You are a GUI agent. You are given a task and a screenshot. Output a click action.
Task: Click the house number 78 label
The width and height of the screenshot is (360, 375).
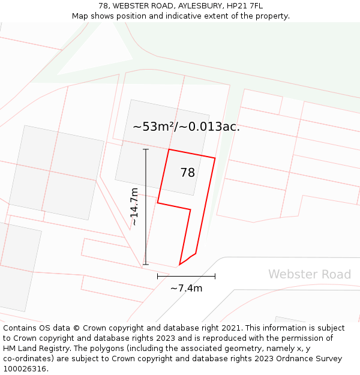[188, 173]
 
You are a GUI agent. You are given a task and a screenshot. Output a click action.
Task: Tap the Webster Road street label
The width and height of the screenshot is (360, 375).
[309, 274]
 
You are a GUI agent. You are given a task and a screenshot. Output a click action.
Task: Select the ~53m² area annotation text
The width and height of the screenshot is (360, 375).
[186, 127]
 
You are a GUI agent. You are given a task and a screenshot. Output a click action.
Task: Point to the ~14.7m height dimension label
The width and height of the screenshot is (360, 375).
[134, 206]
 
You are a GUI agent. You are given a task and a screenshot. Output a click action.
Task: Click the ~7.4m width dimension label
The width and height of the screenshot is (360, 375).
[186, 288]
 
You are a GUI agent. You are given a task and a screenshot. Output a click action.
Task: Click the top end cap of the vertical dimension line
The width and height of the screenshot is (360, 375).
[146, 149]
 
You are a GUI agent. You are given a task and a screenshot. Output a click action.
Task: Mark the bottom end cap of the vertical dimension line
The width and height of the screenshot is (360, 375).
[146, 264]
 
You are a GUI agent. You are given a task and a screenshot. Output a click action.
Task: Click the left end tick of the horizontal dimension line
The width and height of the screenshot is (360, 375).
[158, 276]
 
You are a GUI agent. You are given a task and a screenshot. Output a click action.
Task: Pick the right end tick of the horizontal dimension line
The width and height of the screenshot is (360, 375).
[215, 276]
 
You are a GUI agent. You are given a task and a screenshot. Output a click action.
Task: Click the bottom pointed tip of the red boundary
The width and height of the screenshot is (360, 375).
[179, 265]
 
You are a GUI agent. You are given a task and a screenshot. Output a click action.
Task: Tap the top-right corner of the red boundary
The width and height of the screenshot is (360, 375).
[215, 158]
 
